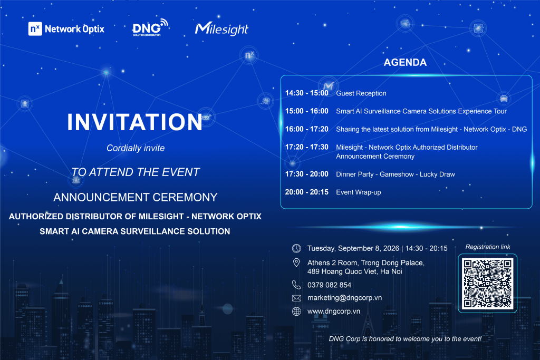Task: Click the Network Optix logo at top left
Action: tap(66, 29)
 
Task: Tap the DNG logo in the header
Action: tap(150, 27)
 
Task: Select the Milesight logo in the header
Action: tap(221, 29)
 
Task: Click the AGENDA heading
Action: tap(405, 62)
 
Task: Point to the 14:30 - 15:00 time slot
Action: tap(306, 93)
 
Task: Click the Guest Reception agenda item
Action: tap(361, 93)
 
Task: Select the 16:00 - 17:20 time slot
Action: tap(306, 129)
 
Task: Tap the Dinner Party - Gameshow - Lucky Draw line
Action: tap(396, 174)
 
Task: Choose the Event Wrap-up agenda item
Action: tap(358, 192)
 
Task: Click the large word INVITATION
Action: tap(134, 122)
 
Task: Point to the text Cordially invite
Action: tap(136, 148)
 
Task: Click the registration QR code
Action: tap(487, 283)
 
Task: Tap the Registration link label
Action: tap(488, 247)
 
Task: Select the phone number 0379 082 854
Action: tap(329, 285)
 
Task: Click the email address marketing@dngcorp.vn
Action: tap(344, 298)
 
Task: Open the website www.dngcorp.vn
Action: tap(334, 311)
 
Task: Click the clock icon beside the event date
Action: tap(296, 248)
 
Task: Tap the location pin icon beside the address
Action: tap(296, 262)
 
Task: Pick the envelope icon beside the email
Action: tap(296, 298)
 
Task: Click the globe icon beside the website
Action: tap(296, 311)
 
